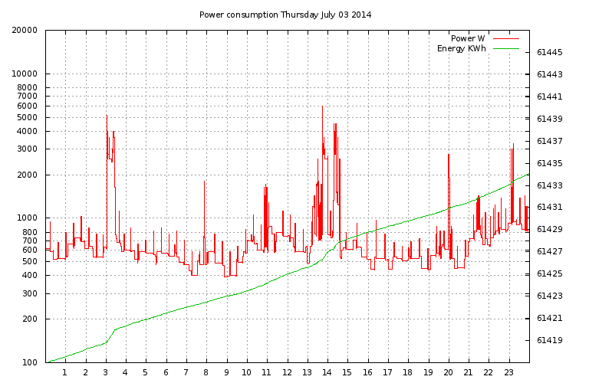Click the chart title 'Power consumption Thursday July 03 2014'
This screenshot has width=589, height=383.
(x=285, y=15)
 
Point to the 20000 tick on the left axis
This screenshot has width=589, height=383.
(x=28, y=31)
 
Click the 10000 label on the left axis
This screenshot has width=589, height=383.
(x=28, y=74)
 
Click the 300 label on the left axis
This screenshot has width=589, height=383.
(x=31, y=293)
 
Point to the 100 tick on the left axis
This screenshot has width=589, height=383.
(x=31, y=362)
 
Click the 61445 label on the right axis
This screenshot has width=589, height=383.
(x=550, y=52)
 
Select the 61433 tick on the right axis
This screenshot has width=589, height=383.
(x=550, y=185)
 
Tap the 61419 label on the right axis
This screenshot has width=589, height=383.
(x=550, y=339)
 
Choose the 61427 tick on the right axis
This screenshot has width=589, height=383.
(x=550, y=251)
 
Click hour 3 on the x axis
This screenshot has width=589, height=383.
(x=105, y=373)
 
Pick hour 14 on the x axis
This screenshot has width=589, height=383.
(x=327, y=373)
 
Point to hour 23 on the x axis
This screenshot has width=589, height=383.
(x=508, y=373)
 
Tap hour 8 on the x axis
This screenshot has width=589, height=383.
(x=206, y=373)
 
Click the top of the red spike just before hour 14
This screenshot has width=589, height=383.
(x=322, y=106)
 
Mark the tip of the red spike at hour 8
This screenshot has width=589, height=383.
(x=205, y=181)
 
